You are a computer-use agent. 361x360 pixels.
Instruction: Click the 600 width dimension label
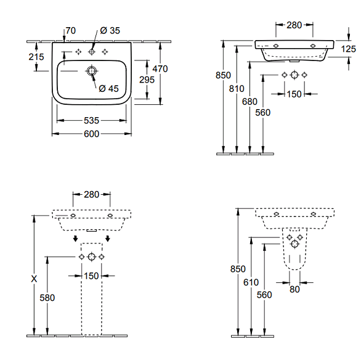91,134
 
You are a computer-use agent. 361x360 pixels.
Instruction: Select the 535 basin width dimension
91,120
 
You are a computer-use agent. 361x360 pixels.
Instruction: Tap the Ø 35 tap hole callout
110,30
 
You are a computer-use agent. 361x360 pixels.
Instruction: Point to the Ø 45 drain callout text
108,88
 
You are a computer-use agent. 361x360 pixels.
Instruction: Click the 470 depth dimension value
160,68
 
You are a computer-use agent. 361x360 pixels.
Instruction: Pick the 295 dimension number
147,80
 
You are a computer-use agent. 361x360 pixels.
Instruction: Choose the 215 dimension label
36,57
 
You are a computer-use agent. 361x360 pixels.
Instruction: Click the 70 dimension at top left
71,30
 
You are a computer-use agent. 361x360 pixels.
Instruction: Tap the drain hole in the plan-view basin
92,71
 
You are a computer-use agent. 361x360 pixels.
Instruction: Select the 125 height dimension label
348,49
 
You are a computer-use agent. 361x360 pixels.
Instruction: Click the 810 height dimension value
237,88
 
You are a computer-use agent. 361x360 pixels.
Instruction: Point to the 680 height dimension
249,101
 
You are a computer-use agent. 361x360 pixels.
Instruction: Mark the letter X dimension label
34,279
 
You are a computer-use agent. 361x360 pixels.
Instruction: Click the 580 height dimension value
47,298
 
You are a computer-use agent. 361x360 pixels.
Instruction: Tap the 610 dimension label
251,282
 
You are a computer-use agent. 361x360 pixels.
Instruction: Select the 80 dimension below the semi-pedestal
294,289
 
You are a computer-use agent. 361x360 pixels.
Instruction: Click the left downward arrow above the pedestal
75,239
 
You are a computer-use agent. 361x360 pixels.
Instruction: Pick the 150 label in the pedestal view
91,276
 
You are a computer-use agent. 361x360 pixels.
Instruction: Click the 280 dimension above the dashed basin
91,195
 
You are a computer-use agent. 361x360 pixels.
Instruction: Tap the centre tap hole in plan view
92,52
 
